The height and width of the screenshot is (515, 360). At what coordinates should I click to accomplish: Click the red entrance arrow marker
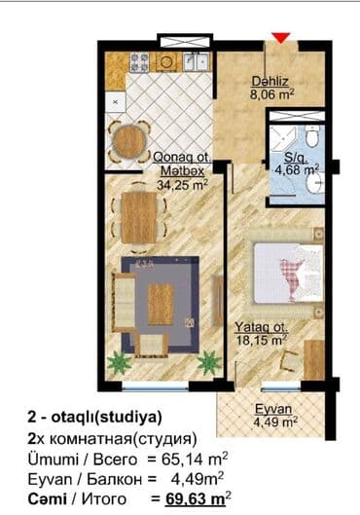[x=281, y=37]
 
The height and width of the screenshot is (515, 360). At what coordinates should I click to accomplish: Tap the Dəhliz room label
[x=270, y=81]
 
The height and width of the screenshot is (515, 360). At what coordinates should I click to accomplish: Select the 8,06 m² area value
[x=271, y=94]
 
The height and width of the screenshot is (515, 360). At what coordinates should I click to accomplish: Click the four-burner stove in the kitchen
[x=140, y=62]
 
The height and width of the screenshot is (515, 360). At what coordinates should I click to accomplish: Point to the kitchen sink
[x=197, y=62]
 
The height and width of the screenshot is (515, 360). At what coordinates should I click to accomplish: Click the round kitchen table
[x=128, y=142]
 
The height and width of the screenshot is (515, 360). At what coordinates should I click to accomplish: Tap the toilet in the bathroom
[x=312, y=135]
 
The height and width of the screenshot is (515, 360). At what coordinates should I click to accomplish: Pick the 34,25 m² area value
[x=182, y=185]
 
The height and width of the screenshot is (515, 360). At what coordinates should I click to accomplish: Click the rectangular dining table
[x=139, y=218]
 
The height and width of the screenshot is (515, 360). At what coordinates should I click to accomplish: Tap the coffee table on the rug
[x=161, y=305]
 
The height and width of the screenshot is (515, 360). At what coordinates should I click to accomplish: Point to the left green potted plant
[x=119, y=362]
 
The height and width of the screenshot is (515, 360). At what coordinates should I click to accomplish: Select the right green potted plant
[x=209, y=362]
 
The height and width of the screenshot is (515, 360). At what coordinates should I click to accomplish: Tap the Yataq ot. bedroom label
[x=262, y=327]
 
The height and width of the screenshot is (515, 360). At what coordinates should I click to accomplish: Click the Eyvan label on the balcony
[x=273, y=409]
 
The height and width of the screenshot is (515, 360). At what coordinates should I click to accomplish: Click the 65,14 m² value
[x=195, y=460]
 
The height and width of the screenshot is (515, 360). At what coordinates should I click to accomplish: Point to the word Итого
[x=104, y=499]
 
